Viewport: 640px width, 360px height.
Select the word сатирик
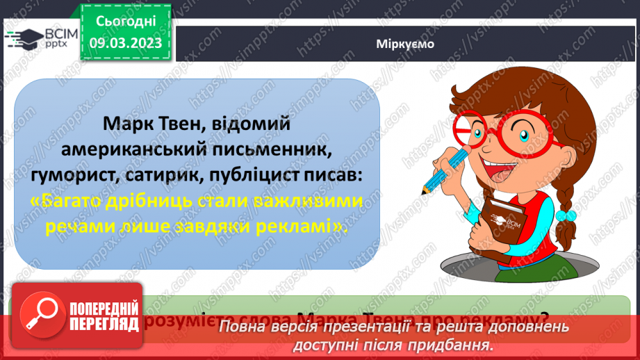(160, 177)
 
